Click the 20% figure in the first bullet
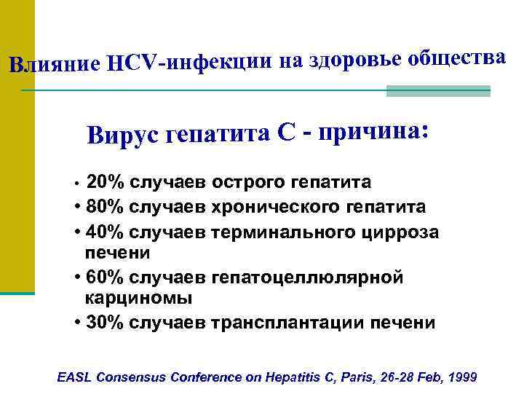[103, 182]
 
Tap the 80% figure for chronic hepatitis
[103, 207]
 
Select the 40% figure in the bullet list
[103, 232]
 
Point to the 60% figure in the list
[103, 278]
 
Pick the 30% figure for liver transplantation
[103, 323]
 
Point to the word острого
[250, 182]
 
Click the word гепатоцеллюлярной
[306, 278]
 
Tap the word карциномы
[127, 298]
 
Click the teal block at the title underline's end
[438, 91]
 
